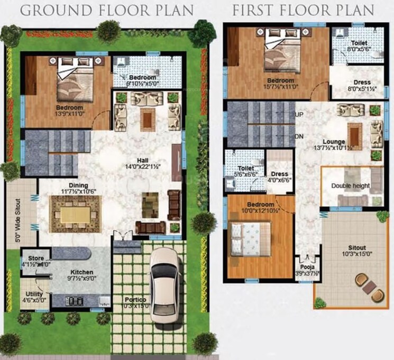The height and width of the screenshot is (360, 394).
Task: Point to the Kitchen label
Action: coord(82,272)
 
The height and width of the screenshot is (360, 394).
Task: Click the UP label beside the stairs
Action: coord(299,114)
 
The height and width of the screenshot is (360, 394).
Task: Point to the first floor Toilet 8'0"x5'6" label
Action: coord(359,46)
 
